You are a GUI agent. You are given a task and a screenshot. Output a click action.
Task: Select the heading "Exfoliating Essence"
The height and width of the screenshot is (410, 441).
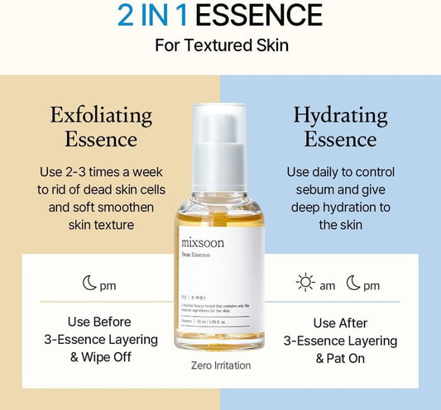101,126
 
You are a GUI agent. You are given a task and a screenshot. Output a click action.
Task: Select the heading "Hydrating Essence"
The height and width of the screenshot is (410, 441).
339,126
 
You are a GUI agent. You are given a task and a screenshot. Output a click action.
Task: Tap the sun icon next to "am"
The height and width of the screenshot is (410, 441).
305,284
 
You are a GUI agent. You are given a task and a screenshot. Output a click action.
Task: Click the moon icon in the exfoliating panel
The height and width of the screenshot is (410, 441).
89,284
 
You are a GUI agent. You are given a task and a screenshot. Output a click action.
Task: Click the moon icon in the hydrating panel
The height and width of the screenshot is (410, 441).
353,284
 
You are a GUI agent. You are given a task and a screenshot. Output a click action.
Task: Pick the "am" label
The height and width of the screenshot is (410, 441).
328,285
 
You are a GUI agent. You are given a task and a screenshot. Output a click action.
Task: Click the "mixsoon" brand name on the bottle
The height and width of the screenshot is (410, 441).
203,243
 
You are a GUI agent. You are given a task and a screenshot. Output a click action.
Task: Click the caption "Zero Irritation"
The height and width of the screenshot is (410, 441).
219,365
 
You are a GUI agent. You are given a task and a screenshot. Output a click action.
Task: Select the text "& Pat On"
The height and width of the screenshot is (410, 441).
340,359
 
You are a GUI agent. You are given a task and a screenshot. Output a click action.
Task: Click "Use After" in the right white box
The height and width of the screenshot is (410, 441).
340,322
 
